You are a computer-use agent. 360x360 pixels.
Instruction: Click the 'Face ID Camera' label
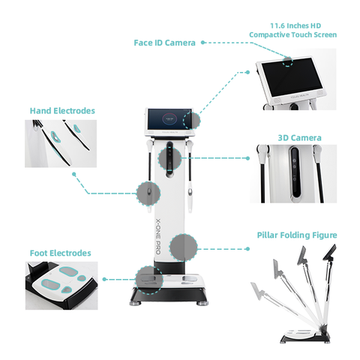click(x=164, y=43)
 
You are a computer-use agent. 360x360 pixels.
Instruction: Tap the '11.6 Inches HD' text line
click(x=292, y=24)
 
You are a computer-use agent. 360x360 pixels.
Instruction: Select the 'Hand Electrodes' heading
click(x=62, y=110)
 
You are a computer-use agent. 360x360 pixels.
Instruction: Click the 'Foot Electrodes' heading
click(x=61, y=253)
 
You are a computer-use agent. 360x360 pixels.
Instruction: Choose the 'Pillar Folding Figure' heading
click(x=297, y=235)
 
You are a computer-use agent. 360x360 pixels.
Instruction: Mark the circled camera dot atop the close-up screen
click(x=289, y=59)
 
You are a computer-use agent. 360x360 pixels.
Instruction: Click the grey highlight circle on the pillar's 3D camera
click(x=171, y=158)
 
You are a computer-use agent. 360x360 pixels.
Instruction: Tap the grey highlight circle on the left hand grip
click(x=147, y=193)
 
